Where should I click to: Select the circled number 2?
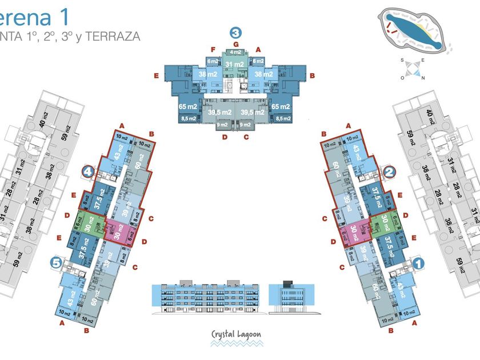[389, 170]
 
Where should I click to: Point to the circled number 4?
[88, 170]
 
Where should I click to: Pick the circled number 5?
[56, 263]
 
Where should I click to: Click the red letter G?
[235, 45]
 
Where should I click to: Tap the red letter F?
[213, 50]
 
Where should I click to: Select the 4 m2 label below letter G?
[235, 53]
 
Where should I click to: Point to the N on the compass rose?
[422, 78]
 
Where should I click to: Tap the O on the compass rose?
[403, 78]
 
